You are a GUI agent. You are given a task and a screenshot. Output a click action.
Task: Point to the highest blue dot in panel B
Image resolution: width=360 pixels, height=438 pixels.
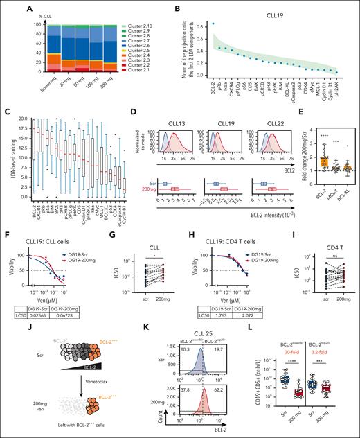tap(154, 24)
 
